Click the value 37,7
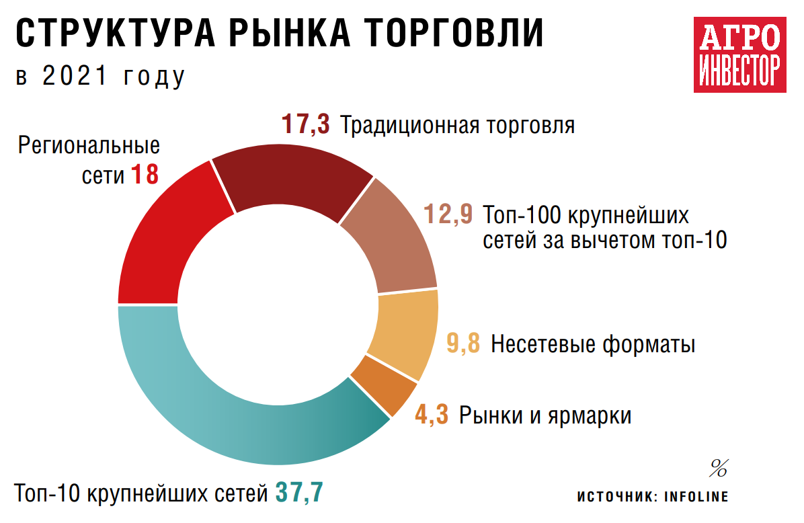click(x=299, y=493)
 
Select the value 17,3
click(x=305, y=125)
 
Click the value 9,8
click(x=463, y=344)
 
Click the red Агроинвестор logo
click(x=740, y=56)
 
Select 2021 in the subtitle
click(x=74, y=77)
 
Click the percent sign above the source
click(x=719, y=467)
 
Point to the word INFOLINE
click(x=696, y=497)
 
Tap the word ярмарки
click(x=592, y=415)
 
